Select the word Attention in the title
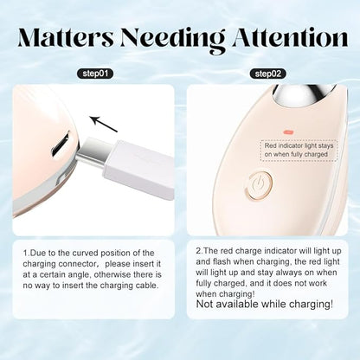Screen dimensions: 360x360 [x=290, y=38]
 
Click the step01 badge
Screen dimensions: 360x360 [x=95, y=74]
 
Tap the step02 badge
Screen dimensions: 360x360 [x=268, y=74]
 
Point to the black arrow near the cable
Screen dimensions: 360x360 [x=103, y=124]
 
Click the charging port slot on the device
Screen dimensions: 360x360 [x=61, y=144]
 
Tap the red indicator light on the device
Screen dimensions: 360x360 [x=288, y=132]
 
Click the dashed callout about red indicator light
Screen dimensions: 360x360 [x=299, y=150]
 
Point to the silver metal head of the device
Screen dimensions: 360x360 [x=304, y=96]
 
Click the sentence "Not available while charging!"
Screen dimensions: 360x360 [x=265, y=304]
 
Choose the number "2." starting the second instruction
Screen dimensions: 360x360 [x=200, y=251]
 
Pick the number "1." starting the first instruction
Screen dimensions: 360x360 [x=27, y=254]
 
